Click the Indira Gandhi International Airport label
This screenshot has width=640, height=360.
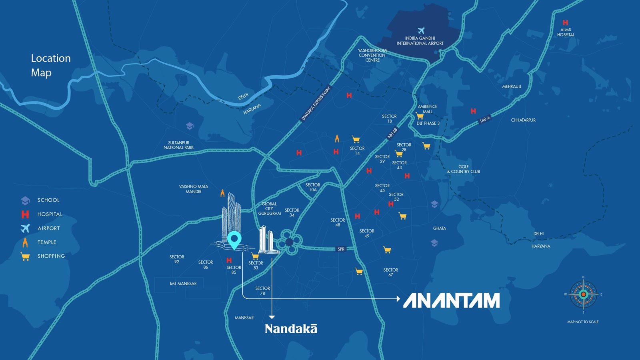420,41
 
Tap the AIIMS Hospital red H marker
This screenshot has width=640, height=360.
565,23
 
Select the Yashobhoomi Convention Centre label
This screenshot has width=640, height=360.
372,55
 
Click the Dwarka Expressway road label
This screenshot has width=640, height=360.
316,104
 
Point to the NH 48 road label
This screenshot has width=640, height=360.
392,133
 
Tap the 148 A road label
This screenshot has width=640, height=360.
485,119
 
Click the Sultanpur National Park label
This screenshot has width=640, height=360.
178,145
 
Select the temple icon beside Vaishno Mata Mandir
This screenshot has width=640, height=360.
222,193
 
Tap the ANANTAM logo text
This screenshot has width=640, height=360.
451,301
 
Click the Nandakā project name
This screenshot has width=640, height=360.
291,329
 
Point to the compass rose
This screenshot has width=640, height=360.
583,294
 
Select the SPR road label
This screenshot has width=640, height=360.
341,249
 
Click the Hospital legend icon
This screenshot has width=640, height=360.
25,214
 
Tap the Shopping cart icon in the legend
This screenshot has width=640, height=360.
25,256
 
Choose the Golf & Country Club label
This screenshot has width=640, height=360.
464,169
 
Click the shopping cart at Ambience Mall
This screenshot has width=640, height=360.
420,116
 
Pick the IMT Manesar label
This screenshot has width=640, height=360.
183,284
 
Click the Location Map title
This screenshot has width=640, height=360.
50,65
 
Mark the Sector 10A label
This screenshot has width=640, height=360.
312,187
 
